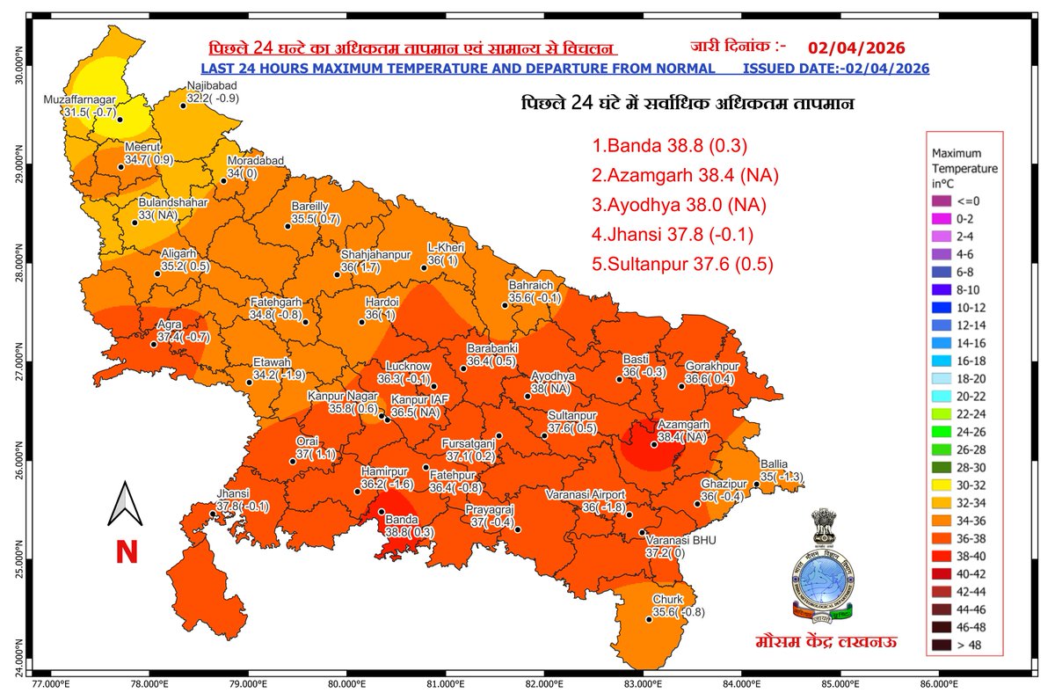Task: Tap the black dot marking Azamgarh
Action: pos(653,444)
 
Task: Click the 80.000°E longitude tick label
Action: pos(347,682)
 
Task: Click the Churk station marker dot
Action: pos(649,620)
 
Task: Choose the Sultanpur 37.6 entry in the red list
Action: pos(682,264)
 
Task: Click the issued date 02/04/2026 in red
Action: pos(855,47)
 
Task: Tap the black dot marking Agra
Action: pos(154,344)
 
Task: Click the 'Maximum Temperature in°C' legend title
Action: pos(964,167)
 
